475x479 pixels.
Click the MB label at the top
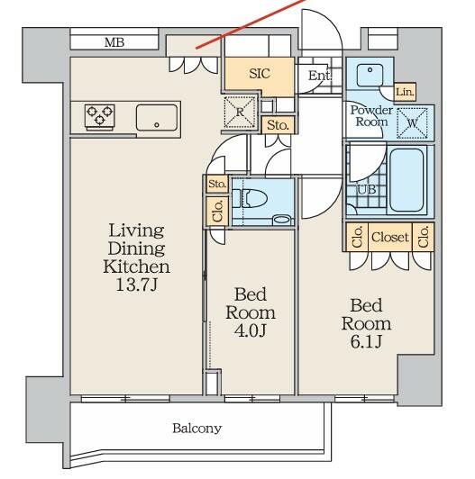114,42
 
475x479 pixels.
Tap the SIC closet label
260,74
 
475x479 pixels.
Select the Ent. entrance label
320,76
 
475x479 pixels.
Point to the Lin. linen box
405,92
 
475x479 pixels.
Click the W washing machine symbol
412,123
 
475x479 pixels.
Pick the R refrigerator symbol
240,113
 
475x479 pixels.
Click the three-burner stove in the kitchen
100,115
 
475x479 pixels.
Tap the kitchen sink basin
157,118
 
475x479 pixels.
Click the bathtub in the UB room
406,180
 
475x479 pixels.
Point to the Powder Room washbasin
370,75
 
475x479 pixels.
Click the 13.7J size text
137,285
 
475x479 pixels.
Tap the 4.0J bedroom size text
251,330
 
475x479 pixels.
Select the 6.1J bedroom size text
366,342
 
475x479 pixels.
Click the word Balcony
197,429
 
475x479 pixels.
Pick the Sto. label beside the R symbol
278,125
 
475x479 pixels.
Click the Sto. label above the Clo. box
217,184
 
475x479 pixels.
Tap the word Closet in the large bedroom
390,237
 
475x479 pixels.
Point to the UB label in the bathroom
367,190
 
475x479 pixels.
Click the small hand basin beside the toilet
282,220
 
